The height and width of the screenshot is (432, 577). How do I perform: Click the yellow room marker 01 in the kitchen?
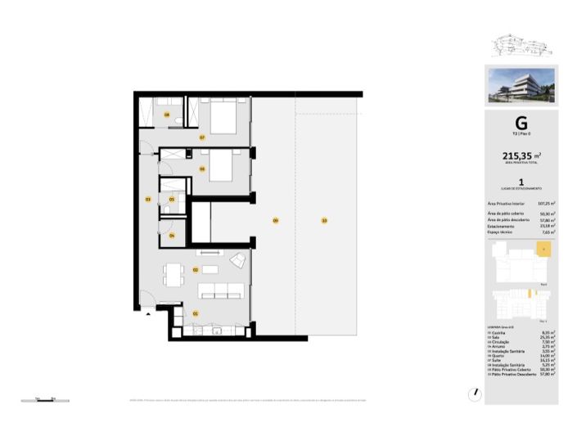[196, 313]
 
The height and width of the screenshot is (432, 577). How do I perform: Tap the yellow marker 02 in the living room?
[196, 269]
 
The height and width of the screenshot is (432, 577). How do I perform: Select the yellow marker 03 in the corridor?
[147, 199]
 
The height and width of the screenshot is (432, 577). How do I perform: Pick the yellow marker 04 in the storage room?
[171, 236]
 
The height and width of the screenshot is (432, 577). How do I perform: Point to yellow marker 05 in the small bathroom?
[171, 199]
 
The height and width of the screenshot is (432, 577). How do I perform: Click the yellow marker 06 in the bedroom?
[201, 169]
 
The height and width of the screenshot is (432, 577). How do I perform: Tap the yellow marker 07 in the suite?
[201, 137]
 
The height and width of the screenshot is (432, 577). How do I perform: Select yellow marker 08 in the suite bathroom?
[166, 115]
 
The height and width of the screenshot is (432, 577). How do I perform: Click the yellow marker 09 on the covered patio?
[275, 221]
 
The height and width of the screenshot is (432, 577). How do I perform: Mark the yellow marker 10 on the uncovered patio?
[324, 221]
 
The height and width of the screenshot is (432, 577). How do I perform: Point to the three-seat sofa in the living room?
[221, 290]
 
